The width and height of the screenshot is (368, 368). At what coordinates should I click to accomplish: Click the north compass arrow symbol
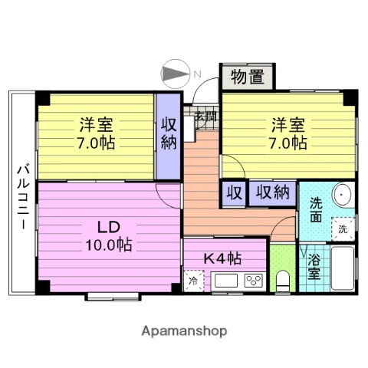[x=174, y=74]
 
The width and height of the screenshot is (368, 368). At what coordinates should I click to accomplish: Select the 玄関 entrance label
[x=205, y=117]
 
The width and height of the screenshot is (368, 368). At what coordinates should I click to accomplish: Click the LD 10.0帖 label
[x=107, y=235]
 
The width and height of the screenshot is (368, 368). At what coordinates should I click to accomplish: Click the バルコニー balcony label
[x=21, y=195]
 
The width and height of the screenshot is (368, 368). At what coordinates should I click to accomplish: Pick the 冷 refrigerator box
[x=192, y=281]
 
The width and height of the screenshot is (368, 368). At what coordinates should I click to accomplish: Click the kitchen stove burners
[x=252, y=281]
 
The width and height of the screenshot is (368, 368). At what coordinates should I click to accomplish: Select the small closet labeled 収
[x=233, y=193]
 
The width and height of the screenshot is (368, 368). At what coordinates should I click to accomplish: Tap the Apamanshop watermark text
[x=184, y=331]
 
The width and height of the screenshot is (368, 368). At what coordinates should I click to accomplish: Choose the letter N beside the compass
[x=197, y=74]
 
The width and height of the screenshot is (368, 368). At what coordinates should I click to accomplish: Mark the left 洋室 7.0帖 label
[x=95, y=133]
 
